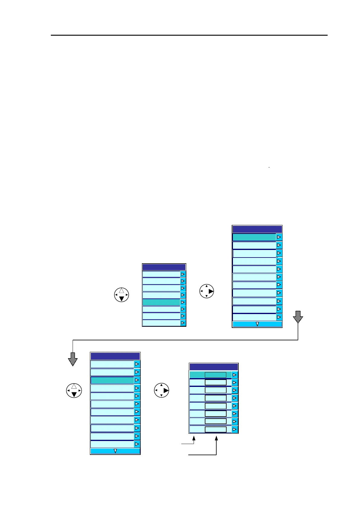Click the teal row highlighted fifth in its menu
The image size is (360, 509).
point(161,302)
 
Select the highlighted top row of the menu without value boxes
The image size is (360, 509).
point(254,237)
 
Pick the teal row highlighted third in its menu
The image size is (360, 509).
point(112,380)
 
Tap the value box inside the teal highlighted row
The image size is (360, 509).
point(215,375)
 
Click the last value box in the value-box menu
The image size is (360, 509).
point(215,430)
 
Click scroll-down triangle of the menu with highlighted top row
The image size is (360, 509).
point(257,324)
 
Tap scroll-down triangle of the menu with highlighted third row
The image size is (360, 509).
point(115,451)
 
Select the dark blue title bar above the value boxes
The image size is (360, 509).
point(214,367)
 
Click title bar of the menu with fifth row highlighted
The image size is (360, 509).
point(164,267)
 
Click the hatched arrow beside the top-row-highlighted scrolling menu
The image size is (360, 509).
point(298,317)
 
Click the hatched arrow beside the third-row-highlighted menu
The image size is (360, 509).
point(73,359)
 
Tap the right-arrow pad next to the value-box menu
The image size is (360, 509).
point(162,390)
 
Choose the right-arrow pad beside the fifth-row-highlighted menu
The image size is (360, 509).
point(207,291)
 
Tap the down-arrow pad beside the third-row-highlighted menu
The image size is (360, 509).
point(74,390)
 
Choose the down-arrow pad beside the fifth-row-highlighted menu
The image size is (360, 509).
point(122,295)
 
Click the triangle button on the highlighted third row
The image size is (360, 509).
point(137,380)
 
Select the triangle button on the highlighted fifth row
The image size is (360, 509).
point(183,302)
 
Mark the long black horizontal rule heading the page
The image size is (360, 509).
point(189,35)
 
